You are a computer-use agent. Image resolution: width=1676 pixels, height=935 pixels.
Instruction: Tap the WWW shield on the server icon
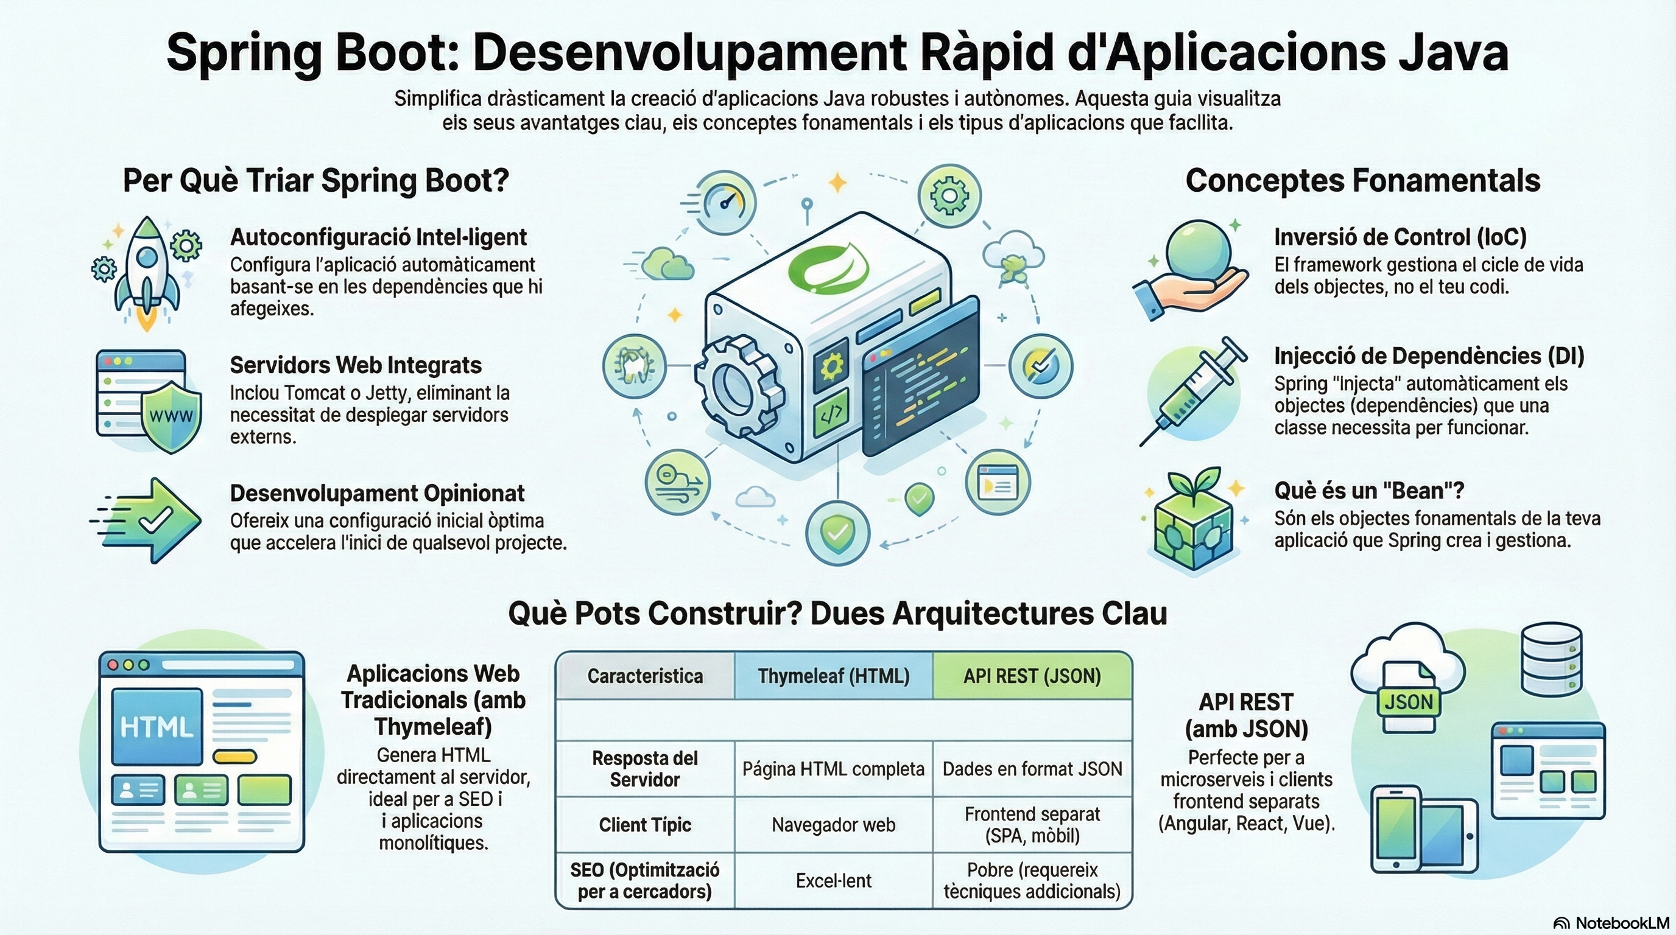[171, 416]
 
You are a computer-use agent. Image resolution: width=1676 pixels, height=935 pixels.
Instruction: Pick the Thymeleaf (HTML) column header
[834, 676]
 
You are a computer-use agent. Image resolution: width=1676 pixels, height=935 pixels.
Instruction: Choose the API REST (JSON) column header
[1032, 676]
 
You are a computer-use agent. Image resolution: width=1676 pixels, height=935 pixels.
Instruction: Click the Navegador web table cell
[834, 825]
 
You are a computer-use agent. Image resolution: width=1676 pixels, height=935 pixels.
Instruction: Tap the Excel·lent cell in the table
[834, 881]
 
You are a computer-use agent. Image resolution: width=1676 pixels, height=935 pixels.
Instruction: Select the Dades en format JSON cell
[1032, 769]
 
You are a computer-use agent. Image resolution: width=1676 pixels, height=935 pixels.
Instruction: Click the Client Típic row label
[645, 825]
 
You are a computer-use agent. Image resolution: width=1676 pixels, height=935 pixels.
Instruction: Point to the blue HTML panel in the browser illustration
[157, 726]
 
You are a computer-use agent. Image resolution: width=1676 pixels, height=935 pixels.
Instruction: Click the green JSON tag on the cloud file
[1409, 702]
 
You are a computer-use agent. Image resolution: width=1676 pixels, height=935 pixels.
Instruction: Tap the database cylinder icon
[1552, 659]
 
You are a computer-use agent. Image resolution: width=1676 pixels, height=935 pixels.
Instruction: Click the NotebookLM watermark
[1613, 923]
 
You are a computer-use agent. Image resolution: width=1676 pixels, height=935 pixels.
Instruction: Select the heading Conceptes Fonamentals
[1362, 180]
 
